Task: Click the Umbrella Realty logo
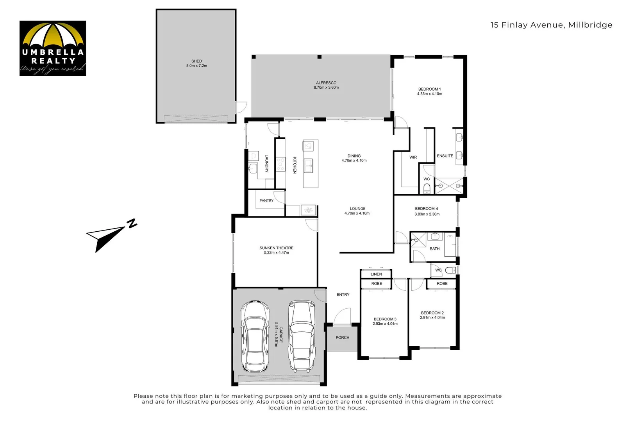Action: click(x=53, y=48)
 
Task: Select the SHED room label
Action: click(x=196, y=61)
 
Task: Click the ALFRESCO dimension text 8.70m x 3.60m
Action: click(x=326, y=88)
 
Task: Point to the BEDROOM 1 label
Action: click(x=429, y=89)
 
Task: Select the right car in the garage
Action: click(x=302, y=336)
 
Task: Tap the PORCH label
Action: click(x=342, y=338)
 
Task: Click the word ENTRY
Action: click(x=343, y=295)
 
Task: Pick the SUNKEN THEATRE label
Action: click(x=276, y=248)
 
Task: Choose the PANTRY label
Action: click(x=266, y=200)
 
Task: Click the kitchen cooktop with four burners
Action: click(x=280, y=164)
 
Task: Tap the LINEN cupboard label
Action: click(x=376, y=274)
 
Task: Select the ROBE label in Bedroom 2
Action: click(x=442, y=284)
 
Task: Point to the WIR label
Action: click(x=413, y=157)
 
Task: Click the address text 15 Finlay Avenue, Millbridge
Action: click(x=551, y=25)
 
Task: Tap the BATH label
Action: click(x=434, y=249)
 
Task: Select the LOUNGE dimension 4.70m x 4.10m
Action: click(x=357, y=213)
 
